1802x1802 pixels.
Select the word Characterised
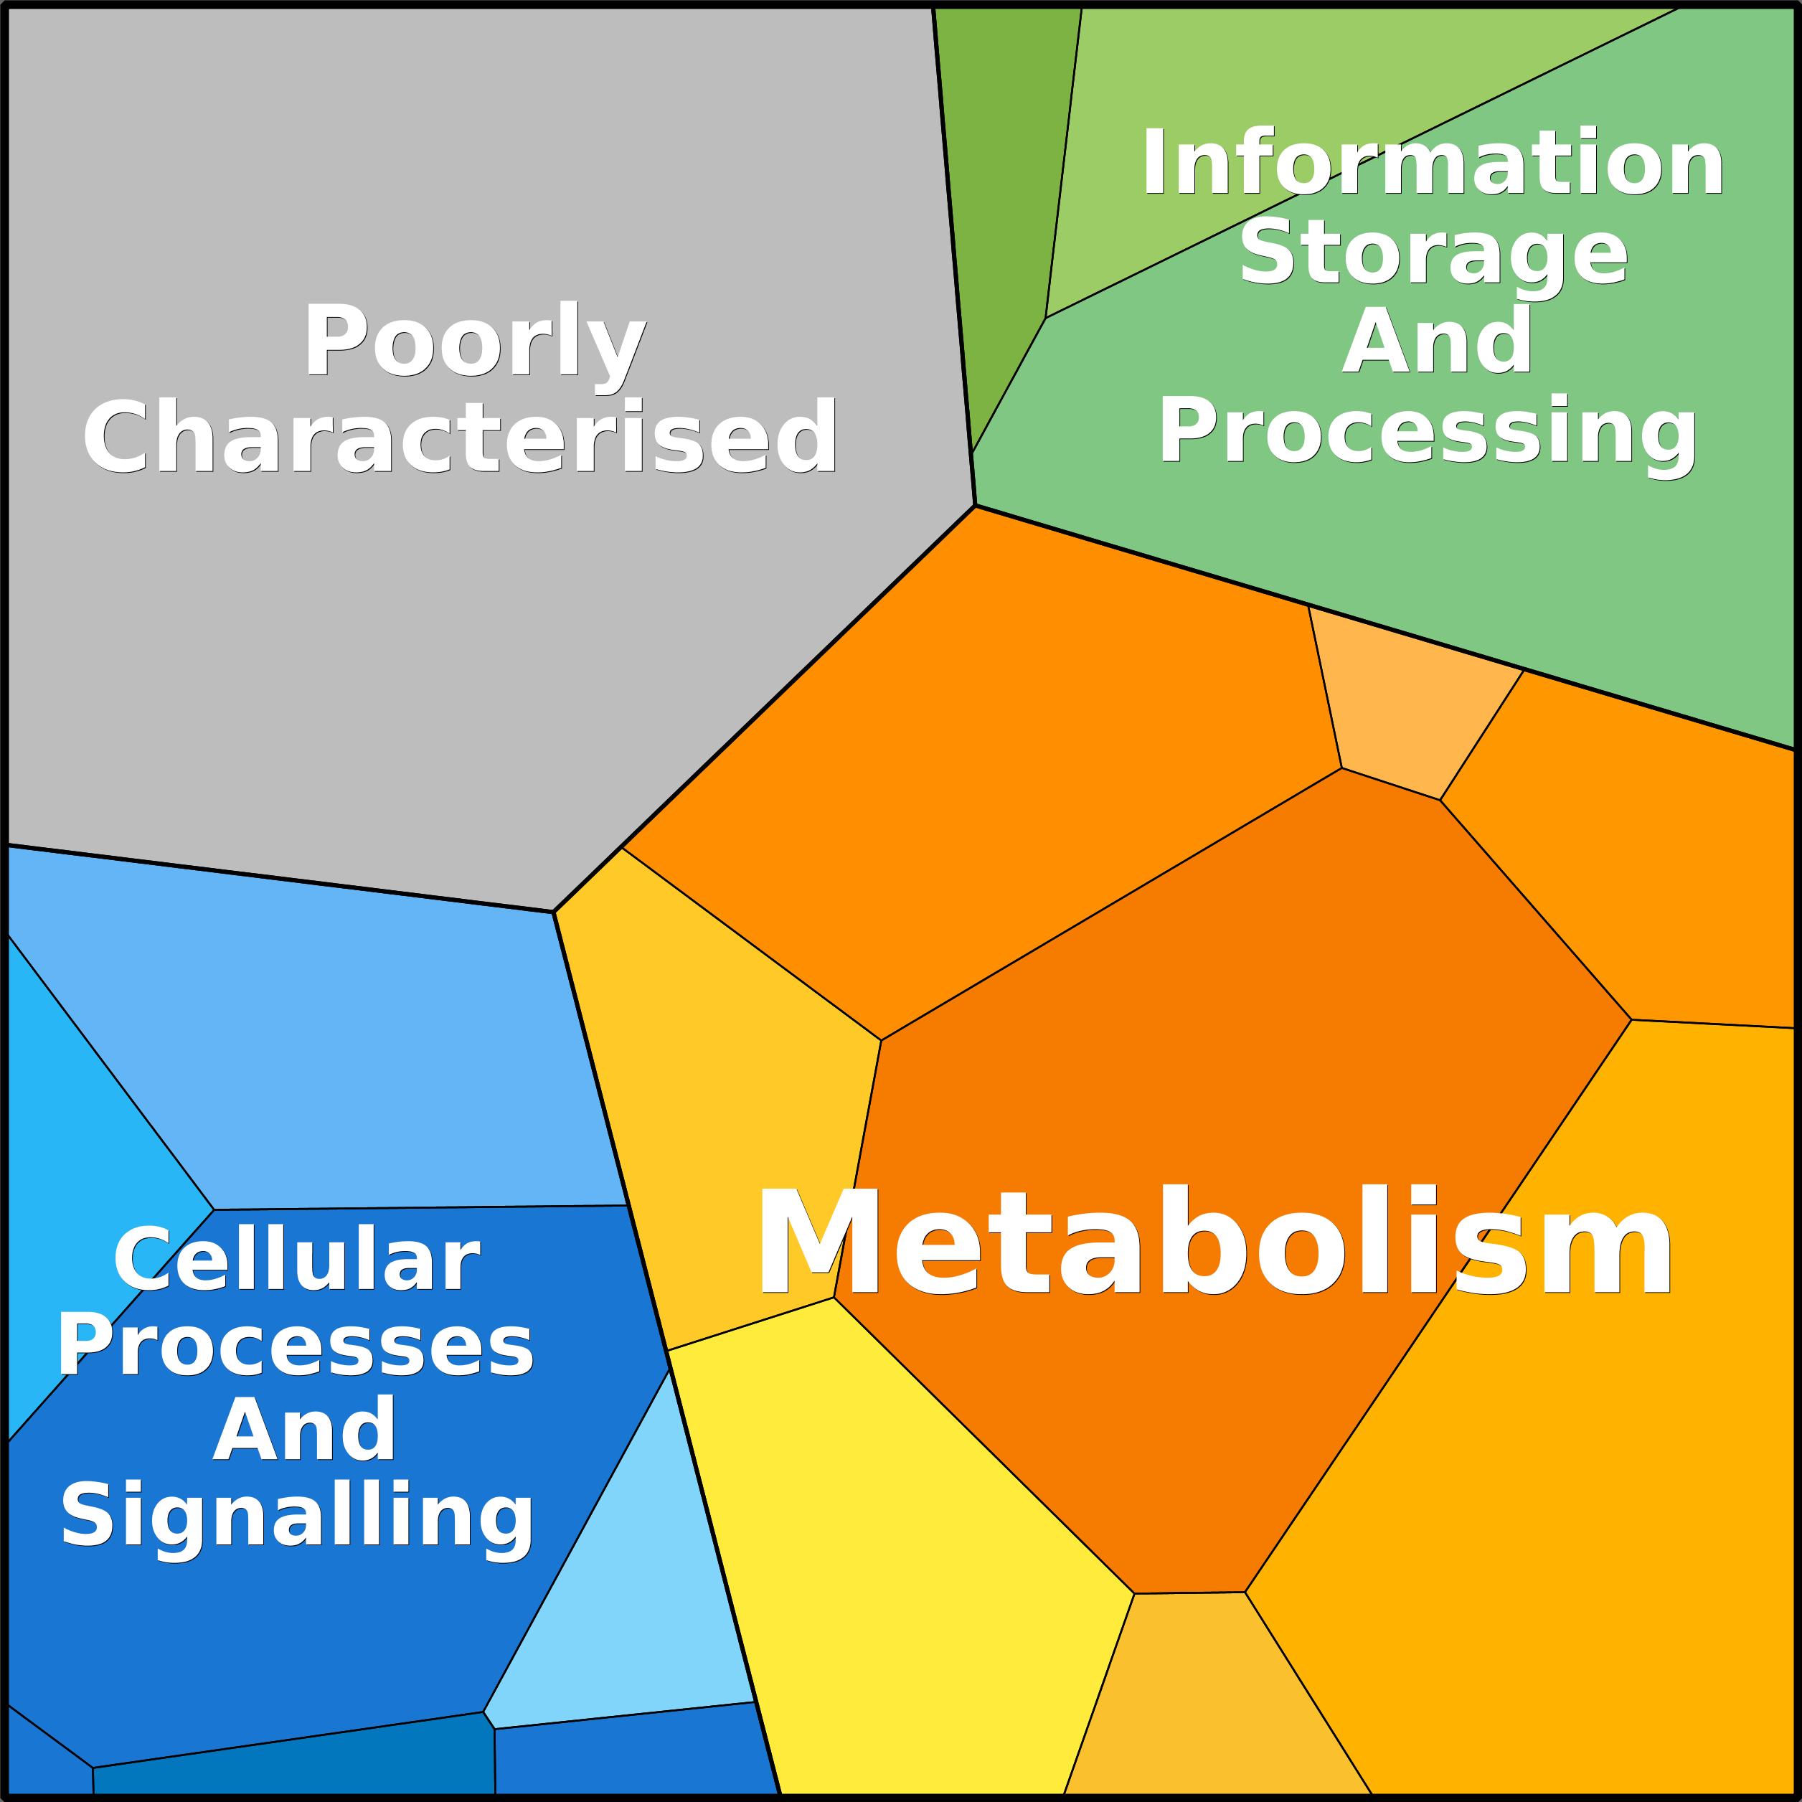pyautogui.click(x=460, y=436)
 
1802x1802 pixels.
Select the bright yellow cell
pyautogui.click(x=895, y=1576)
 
